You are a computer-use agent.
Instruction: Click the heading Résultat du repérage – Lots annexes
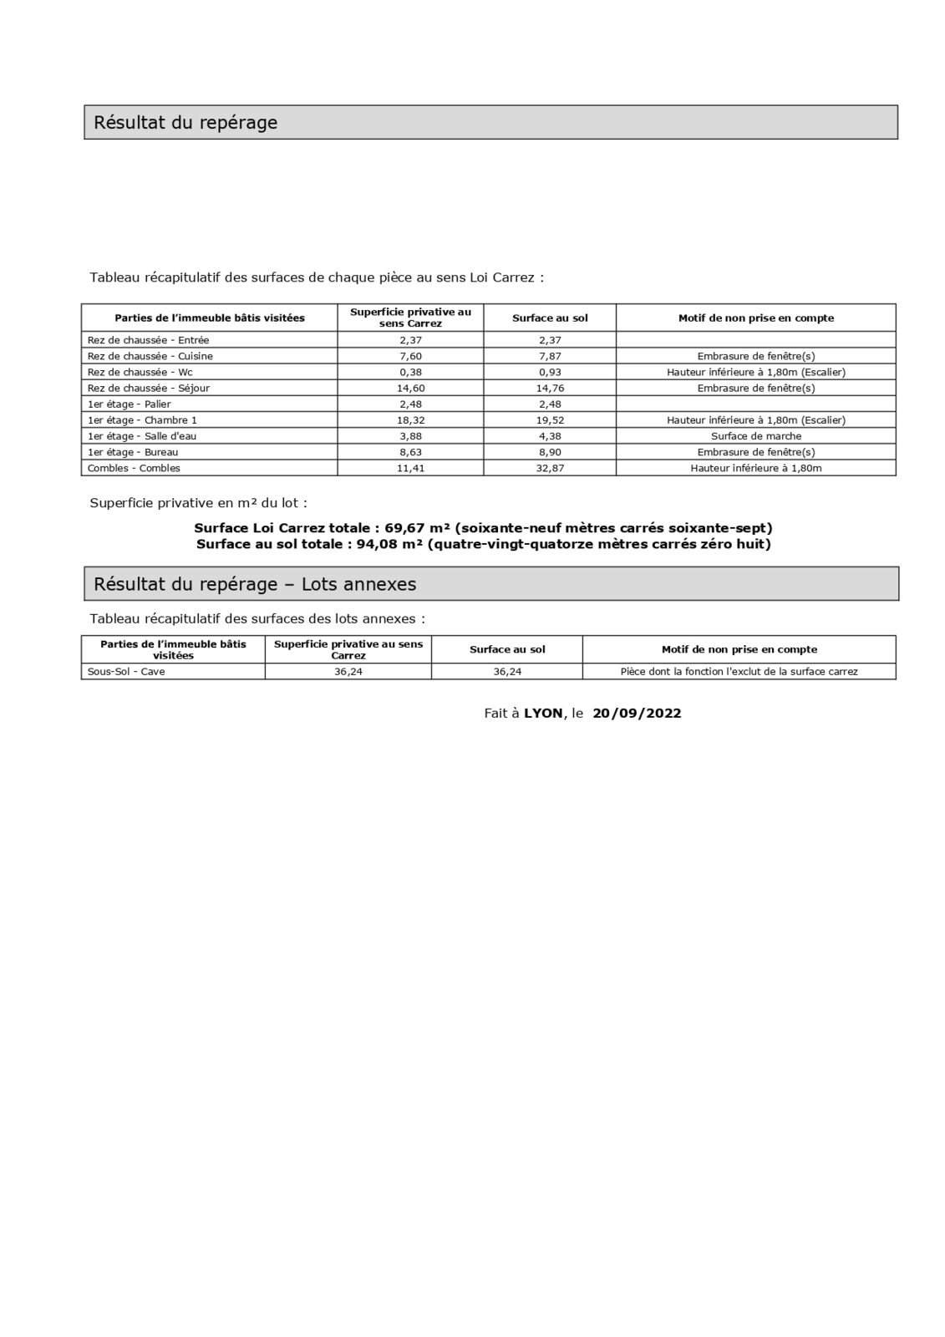coord(255,584)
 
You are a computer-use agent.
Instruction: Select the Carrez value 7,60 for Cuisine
coord(410,356)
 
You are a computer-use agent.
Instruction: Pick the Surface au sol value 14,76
coord(550,388)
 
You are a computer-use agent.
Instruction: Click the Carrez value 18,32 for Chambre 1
coord(410,420)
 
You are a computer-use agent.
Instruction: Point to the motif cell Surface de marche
coord(755,436)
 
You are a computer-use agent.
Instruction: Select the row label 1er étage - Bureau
coord(133,452)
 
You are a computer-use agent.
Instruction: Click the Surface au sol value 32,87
coord(550,468)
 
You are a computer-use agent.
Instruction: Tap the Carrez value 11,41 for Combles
coord(410,468)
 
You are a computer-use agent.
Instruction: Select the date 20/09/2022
coord(637,713)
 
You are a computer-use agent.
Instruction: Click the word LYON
coord(543,713)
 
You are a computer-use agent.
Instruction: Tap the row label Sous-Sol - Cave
coord(126,671)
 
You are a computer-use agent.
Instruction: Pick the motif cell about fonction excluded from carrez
coord(739,671)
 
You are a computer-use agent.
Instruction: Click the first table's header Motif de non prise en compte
coord(755,318)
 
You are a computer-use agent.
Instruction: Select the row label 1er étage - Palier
coord(129,404)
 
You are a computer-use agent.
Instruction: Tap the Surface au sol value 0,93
coord(550,372)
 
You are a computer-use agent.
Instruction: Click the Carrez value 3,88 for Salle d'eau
coord(410,436)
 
